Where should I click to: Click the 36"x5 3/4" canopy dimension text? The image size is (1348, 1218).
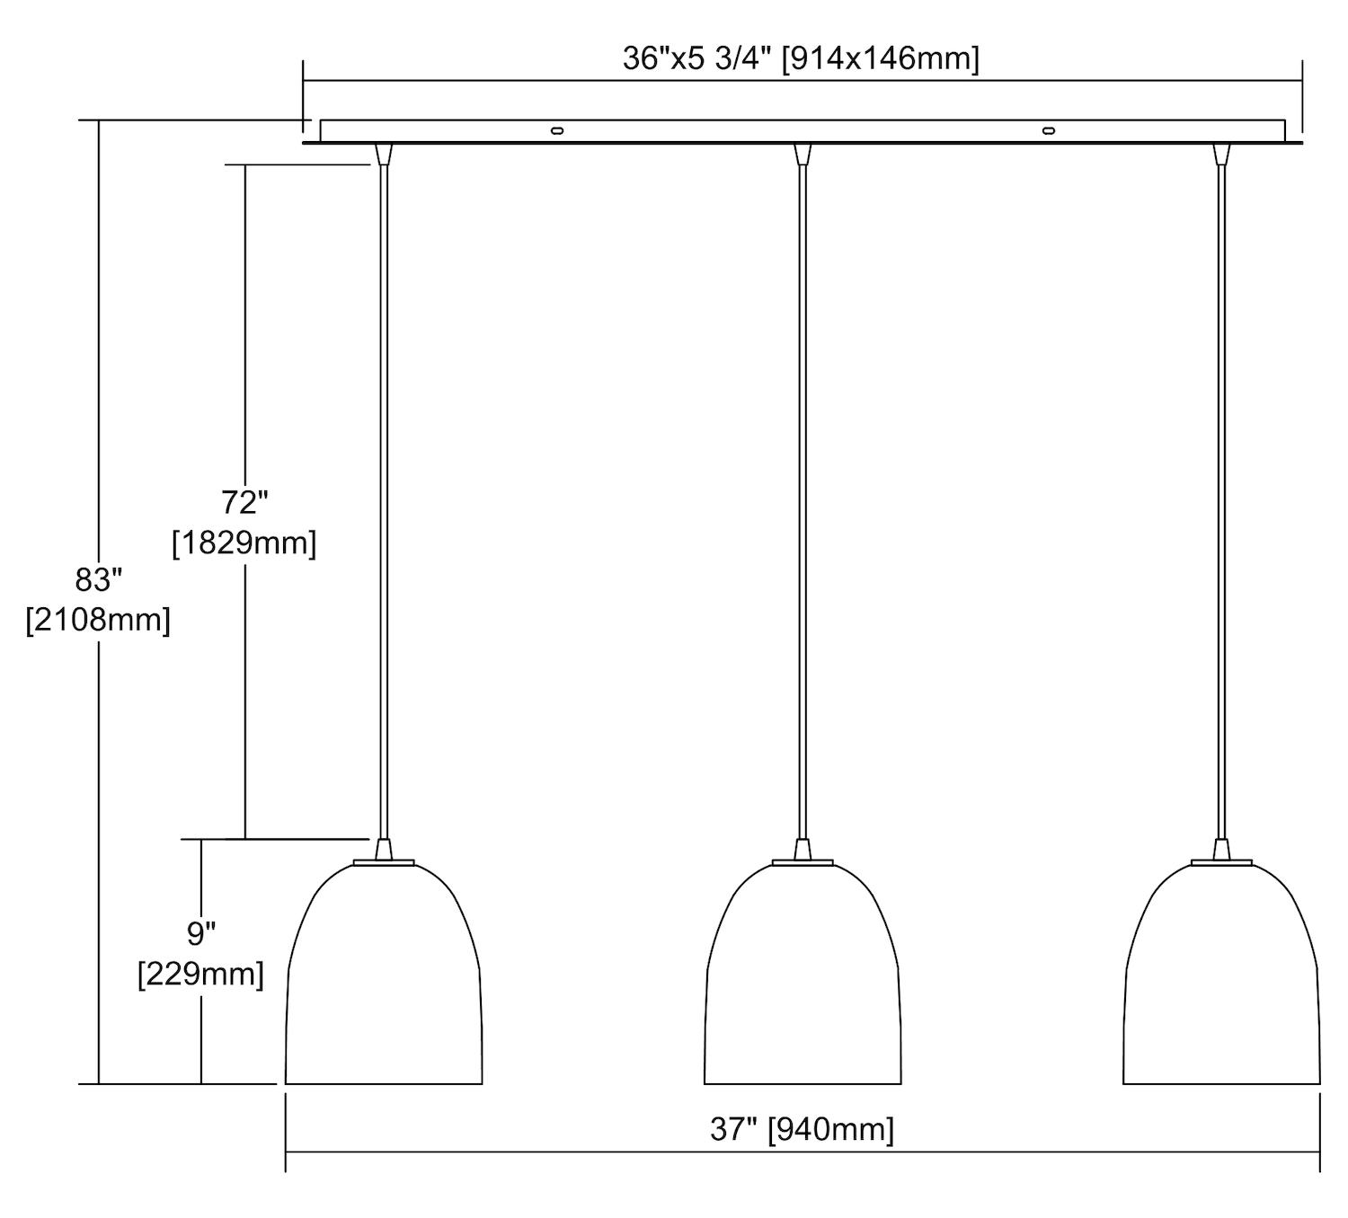tap(801, 59)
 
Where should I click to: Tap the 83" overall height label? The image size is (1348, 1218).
tap(98, 579)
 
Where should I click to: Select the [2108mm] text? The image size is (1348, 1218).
tap(98, 620)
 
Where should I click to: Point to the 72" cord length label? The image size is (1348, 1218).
tap(244, 502)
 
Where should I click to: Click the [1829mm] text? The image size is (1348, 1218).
tap(244, 543)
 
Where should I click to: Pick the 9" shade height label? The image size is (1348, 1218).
tap(201, 933)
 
